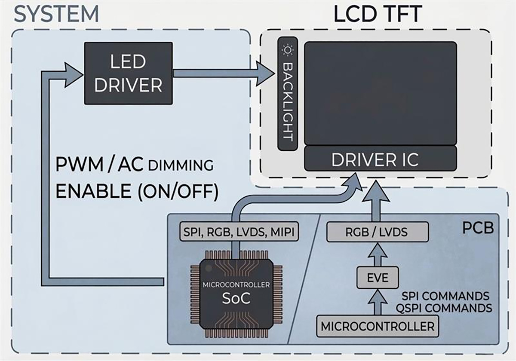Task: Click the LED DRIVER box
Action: tap(128, 73)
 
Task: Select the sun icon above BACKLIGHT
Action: tap(287, 50)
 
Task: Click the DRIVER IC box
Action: tap(380, 159)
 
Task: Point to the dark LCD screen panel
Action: tap(380, 93)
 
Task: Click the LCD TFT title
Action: tap(377, 15)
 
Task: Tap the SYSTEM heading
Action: tap(56, 14)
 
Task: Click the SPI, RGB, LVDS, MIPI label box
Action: tap(239, 233)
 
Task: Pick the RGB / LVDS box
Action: tap(378, 232)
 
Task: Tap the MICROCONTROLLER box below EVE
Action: tap(378, 326)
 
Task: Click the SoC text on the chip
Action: tap(236, 298)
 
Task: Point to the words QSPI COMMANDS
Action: tap(447, 308)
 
